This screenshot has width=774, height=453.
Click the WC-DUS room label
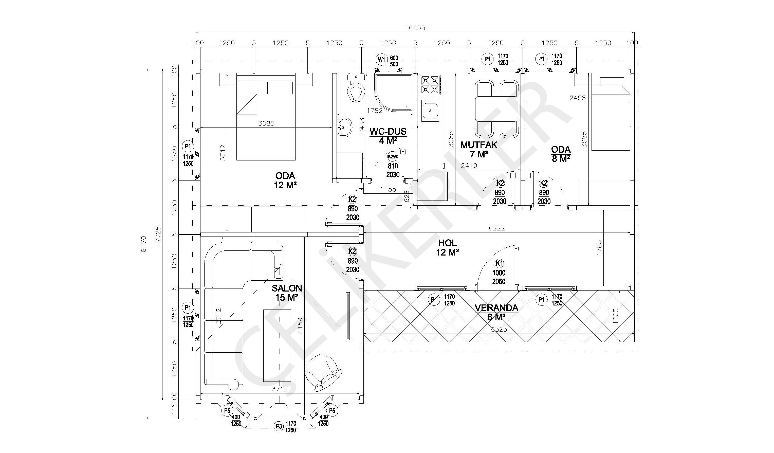pyautogui.click(x=388, y=132)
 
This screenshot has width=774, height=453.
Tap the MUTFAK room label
pyautogui.click(x=479, y=145)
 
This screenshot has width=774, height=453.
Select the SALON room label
pyautogui.click(x=287, y=288)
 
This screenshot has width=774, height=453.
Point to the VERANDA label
pyautogui.click(x=496, y=308)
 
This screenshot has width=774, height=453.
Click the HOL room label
pyautogui.click(x=448, y=243)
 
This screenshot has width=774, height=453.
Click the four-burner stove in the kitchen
pyautogui.click(x=430, y=84)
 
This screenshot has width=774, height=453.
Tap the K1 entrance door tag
pyautogui.click(x=499, y=263)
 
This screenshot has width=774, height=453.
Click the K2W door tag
pyautogui.click(x=393, y=157)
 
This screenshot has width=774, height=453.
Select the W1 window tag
pyautogui.click(x=381, y=60)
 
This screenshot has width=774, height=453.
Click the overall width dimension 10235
pyautogui.click(x=415, y=28)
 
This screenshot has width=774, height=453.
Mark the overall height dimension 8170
pyautogui.click(x=143, y=244)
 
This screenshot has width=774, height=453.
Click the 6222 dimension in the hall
pyautogui.click(x=497, y=228)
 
